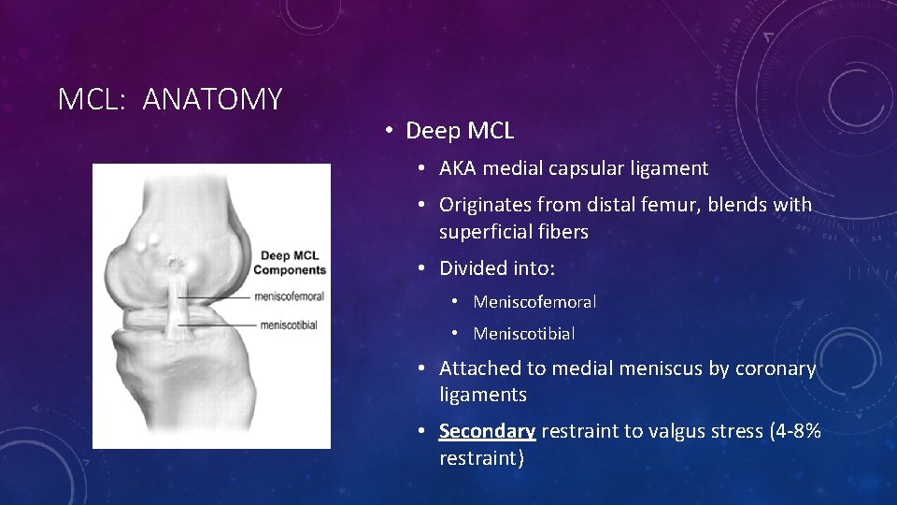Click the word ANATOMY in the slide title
[212, 98]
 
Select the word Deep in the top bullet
[428, 131]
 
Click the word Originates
[486, 204]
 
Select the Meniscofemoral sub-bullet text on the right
[534, 301]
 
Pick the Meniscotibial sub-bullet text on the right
[524, 333]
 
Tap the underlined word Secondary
[487, 431]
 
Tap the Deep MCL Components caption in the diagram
[291, 263]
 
